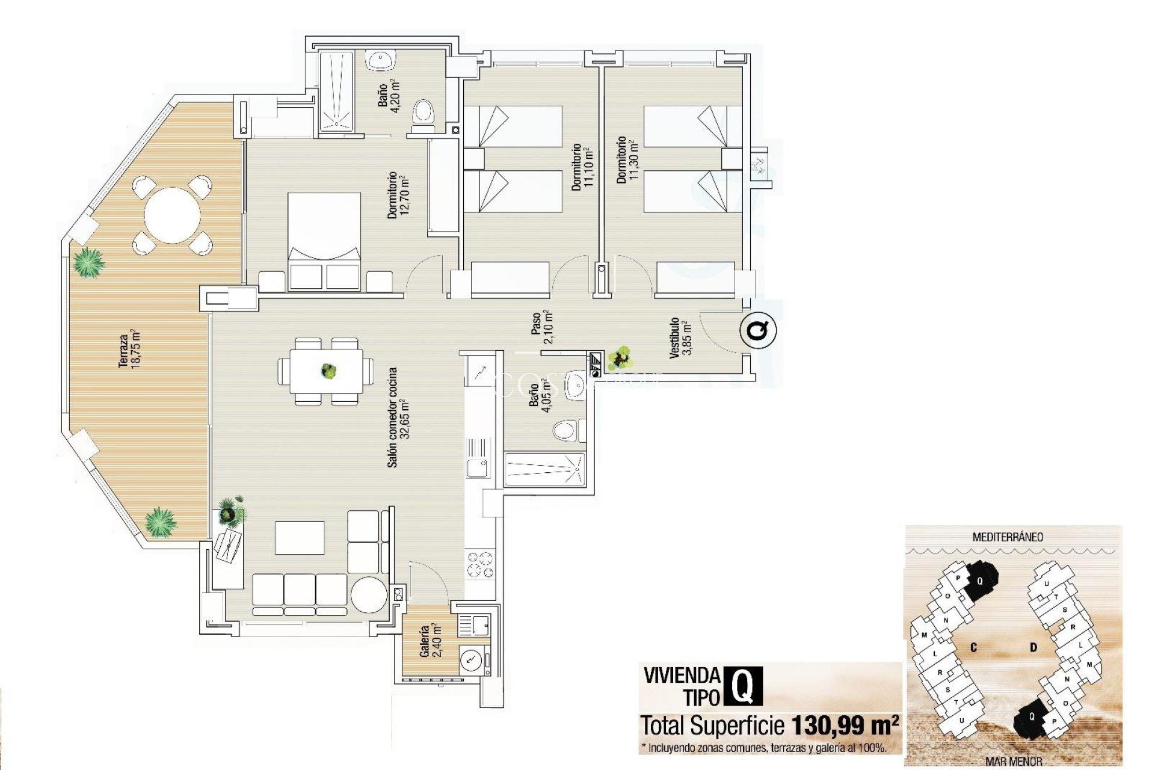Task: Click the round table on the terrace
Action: coord(172,215)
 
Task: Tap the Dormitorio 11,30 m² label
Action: coord(626,159)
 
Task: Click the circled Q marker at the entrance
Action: coord(758,330)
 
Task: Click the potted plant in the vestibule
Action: coord(620,357)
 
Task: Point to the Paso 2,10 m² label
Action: coord(541,326)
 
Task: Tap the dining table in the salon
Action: coord(327,371)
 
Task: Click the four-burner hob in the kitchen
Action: coord(480,565)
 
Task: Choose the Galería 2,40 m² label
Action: coord(430,641)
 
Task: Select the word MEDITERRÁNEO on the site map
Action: coord(1008,537)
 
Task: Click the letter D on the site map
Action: coord(1033,647)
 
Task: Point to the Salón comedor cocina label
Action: coord(398,417)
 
